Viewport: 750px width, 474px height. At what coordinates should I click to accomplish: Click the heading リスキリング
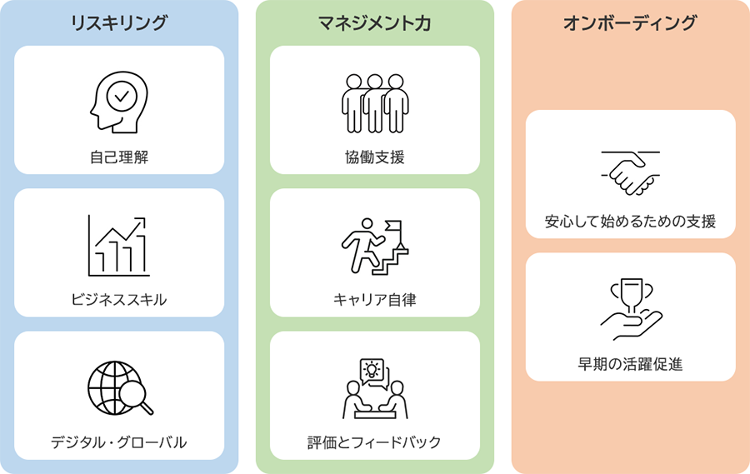point(119,23)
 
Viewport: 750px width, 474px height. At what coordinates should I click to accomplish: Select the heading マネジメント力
point(374,23)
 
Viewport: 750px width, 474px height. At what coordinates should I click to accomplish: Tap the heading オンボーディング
point(630,23)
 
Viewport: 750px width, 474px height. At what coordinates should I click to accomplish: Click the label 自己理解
point(119,156)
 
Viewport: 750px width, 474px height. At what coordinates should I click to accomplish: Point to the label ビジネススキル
point(119,299)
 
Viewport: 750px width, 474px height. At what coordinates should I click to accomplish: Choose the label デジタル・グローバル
point(119,442)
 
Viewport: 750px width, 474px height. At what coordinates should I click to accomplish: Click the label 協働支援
point(374,156)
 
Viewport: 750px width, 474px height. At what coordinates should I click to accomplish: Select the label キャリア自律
point(374,299)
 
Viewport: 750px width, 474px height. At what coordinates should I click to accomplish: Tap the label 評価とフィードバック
point(374,442)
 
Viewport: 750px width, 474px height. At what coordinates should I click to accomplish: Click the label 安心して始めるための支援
point(630,222)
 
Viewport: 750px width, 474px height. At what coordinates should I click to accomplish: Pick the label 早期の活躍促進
point(630,363)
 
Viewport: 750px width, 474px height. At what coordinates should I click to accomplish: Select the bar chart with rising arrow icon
point(119,247)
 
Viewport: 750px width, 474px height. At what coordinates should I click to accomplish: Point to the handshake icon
point(631,170)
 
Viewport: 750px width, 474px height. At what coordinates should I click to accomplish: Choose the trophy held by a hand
point(631,309)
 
